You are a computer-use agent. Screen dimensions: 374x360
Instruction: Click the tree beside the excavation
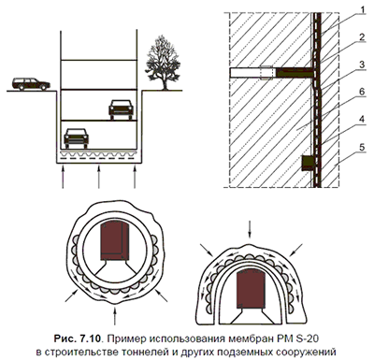163,63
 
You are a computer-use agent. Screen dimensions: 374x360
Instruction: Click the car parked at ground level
31,84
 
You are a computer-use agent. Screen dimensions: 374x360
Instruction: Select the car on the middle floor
121,109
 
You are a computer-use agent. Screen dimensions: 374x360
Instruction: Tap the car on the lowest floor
76,137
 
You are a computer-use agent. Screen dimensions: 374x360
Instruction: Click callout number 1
361,10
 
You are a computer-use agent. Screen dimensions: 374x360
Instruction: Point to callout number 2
362,37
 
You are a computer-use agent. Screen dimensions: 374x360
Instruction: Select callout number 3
362,65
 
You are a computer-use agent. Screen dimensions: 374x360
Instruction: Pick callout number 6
362,92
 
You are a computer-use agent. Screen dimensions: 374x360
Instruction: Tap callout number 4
362,119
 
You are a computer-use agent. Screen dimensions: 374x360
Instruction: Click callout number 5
362,147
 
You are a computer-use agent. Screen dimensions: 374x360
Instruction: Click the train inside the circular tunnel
115,241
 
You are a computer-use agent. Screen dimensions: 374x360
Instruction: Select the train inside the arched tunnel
252,289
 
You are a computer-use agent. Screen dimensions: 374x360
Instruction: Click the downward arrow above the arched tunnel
249,230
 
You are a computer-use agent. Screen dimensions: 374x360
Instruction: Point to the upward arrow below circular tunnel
115,316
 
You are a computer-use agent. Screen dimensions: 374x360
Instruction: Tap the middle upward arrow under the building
99,177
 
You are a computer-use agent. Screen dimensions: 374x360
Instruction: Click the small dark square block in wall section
308,164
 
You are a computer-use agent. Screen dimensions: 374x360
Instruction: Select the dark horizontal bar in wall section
295,73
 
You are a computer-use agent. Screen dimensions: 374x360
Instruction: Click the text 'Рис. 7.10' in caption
78,338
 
